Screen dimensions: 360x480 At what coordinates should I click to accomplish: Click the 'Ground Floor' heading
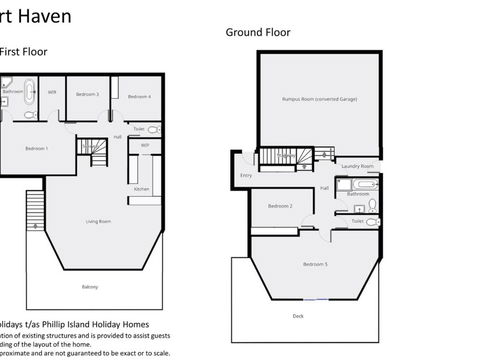click(258, 32)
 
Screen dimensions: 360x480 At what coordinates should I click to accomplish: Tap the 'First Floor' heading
click(23, 51)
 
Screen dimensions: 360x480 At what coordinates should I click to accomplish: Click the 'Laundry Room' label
click(357, 165)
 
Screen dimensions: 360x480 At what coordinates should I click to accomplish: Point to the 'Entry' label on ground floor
click(246, 176)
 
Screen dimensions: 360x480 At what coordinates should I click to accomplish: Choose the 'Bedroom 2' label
click(280, 206)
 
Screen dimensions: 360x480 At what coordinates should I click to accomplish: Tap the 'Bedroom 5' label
click(316, 263)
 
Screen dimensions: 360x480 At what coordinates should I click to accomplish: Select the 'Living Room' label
click(98, 221)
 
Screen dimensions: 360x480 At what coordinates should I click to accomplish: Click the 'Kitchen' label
click(142, 189)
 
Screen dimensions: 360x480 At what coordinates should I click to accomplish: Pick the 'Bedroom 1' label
click(37, 149)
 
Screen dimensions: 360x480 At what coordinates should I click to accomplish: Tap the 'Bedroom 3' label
click(90, 94)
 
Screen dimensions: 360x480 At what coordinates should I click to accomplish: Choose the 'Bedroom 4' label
click(141, 96)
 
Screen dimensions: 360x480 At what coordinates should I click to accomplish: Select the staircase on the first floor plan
click(92, 147)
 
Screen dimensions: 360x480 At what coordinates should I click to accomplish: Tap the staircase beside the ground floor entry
click(278, 157)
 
